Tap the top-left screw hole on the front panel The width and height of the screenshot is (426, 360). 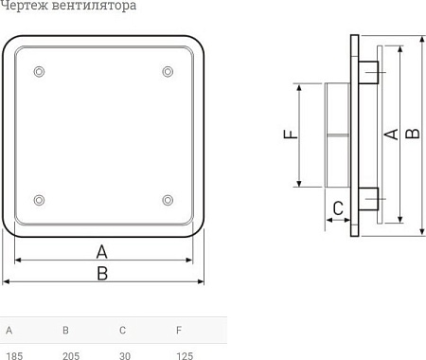click(x=38, y=72)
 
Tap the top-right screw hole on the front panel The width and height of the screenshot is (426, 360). click(x=168, y=72)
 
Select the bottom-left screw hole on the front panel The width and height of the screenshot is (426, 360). click(x=38, y=199)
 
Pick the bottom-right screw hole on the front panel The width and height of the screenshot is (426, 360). click(x=168, y=199)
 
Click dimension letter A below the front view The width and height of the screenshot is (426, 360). click(x=102, y=251)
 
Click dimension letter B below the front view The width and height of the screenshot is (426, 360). click(x=102, y=273)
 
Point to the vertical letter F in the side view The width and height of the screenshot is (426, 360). click(x=291, y=135)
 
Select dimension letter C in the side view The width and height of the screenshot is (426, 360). click(x=337, y=208)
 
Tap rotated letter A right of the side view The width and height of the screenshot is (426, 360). click(x=389, y=135)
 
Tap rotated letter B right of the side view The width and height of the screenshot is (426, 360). click(x=412, y=135)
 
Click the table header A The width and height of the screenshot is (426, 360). click(x=9, y=331)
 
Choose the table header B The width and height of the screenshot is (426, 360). click(x=65, y=331)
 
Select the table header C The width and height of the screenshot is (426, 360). click(x=122, y=331)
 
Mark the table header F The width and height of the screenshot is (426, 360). click(x=178, y=331)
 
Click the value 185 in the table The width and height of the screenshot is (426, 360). click(x=13, y=355)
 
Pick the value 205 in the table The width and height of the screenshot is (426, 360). click(x=70, y=355)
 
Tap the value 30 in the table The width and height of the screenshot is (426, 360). click(x=124, y=355)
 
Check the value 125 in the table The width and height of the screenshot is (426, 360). click(x=184, y=355)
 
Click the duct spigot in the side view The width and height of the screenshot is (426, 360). click(x=337, y=135)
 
